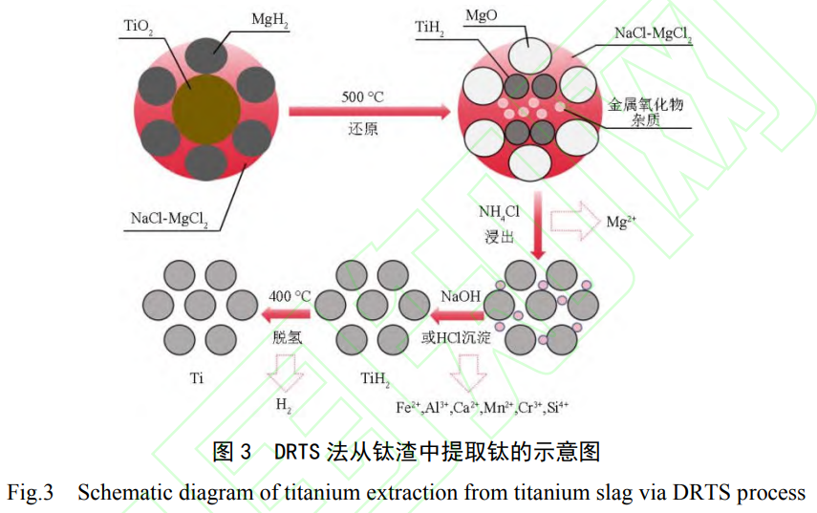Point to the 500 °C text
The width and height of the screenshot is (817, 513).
pos(363,96)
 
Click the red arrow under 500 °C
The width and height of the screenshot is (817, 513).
pos(369,113)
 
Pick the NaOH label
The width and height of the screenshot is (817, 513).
pos(462,295)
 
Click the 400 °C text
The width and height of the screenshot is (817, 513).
pos(290,295)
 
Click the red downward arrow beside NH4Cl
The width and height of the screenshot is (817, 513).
pos(539,225)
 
